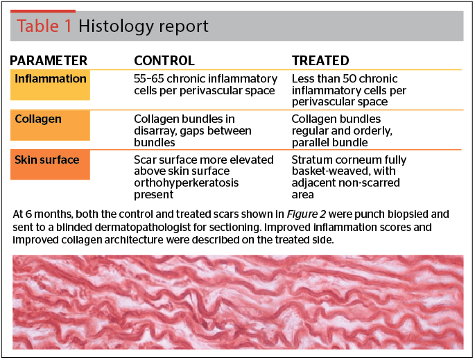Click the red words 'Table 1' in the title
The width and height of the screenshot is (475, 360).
tap(44, 26)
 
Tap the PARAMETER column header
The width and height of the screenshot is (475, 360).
tap(49, 60)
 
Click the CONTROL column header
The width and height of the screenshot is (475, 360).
tap(164, 60)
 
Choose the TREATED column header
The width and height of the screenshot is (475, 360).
tap(320, 60)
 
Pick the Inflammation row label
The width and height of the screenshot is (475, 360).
tap(51, 79)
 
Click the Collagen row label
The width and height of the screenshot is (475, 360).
tap(38, 119)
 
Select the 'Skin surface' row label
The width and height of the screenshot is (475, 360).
tap(47, 160)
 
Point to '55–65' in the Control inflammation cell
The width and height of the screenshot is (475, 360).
tap(149, 79)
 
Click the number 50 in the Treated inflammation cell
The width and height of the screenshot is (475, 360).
tap(349, 79)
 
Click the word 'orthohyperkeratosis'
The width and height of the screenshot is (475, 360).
tap(187, 183)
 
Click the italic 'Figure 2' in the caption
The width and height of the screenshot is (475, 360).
tap(306, 214)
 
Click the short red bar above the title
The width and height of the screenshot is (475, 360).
tap(43, 11)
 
